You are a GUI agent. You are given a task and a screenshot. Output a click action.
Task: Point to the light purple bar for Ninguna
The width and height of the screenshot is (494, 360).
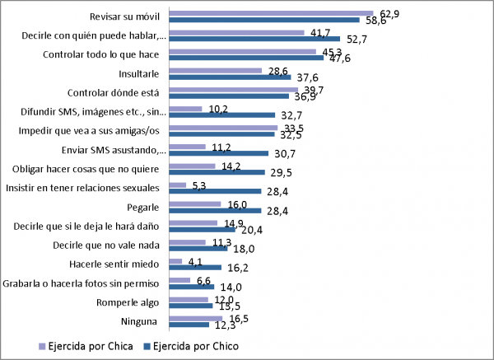point(195,317)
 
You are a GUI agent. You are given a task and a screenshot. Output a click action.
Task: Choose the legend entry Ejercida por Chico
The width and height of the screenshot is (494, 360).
point(196,346)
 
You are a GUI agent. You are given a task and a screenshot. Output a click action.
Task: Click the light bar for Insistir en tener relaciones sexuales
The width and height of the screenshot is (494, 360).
point(177,185)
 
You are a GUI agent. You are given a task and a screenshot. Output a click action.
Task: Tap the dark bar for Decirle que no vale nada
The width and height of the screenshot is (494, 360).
point(198,248)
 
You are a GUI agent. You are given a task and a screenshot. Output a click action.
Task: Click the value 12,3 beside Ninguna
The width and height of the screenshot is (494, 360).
point(224,325)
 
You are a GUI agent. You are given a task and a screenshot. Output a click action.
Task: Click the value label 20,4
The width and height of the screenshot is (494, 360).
point(249,230)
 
